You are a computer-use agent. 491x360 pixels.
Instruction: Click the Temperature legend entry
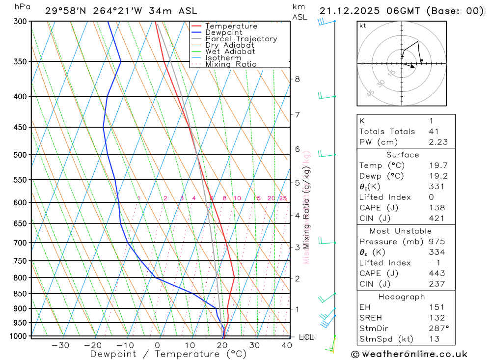click(231, 26)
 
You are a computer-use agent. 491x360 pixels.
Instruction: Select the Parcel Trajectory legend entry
click(241, 39)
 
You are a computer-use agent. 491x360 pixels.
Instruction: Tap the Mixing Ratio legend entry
click(231, 64)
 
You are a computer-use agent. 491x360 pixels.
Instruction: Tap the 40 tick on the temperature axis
click(286, 345)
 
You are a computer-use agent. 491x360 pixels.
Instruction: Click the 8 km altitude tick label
click(297, 79)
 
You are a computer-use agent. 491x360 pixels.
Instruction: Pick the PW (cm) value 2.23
click(436, 142)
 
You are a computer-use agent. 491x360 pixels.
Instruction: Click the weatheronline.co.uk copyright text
click(409, 354)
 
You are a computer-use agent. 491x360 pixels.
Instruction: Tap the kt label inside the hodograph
click(363, 26)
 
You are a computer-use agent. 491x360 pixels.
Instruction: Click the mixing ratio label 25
click(283, 198)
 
